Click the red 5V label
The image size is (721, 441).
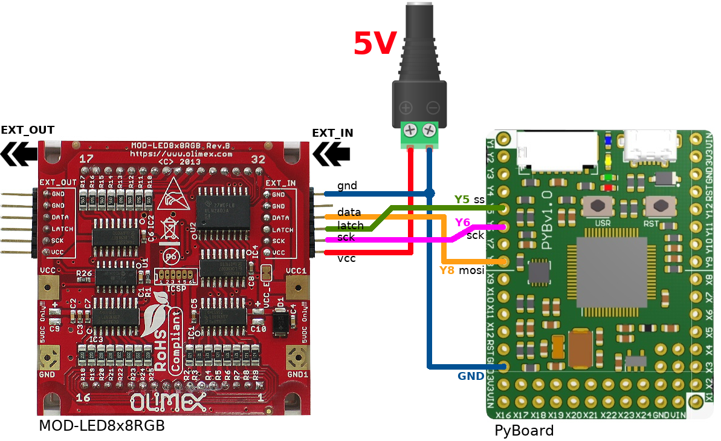pos(375,44)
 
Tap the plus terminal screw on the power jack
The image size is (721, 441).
pos(411,129)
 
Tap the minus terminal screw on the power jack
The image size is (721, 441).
pos(430,129)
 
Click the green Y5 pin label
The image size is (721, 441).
pos(462,199)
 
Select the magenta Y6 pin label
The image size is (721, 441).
pos(462,223)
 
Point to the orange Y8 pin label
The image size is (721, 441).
pos(447,270)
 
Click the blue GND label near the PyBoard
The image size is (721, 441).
pos(471,376)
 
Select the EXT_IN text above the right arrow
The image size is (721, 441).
pos(332,133)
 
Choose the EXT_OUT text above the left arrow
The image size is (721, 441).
pos(28,130)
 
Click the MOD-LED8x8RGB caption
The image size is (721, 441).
pos(102,426)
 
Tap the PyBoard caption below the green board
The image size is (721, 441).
pos(524,431)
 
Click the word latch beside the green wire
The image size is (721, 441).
pos(351,226)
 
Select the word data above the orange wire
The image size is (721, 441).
pos(349,212)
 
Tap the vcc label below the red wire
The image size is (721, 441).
pos(346,258)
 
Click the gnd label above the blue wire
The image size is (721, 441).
pos(347,186)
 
